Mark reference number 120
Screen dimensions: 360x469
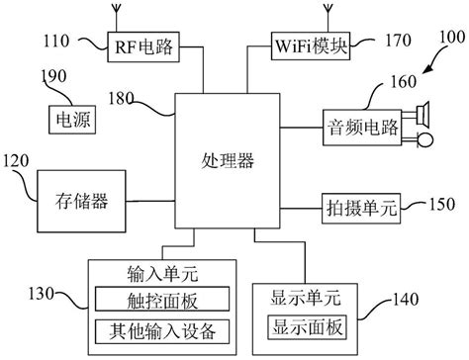[x=19, y=160]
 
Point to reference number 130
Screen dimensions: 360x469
[x=46, y=291]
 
